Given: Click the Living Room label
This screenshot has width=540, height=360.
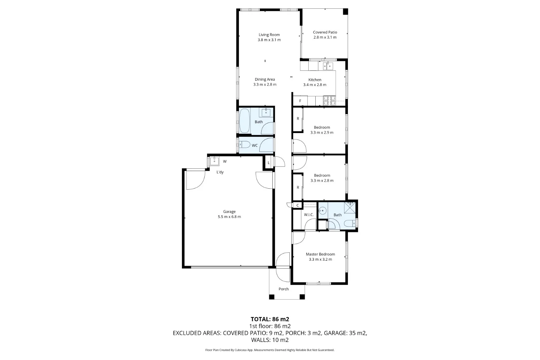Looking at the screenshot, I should coord(269,35).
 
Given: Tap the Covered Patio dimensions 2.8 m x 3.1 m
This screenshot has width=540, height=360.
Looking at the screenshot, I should coord(325,37).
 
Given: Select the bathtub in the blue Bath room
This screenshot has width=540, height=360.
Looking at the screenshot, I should coord(245,121).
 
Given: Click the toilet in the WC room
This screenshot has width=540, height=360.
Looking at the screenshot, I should coord(245,145).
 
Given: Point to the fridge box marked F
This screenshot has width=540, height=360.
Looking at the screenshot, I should coord(300,101).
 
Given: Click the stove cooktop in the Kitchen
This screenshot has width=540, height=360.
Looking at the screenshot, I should coord(329,101).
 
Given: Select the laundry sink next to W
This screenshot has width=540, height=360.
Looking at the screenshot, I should coord(214,161).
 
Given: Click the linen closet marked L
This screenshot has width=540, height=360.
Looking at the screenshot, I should coord(269,163).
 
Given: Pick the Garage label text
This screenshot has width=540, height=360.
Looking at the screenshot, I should coord(229,212).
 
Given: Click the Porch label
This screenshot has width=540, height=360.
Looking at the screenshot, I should coord(284,289).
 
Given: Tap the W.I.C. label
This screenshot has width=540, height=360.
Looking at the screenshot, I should coord(309,215).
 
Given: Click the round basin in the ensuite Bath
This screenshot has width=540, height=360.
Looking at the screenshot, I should coord(323,210).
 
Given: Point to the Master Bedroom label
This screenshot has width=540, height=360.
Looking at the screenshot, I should coord(320,254).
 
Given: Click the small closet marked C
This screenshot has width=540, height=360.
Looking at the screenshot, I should coord(297,205).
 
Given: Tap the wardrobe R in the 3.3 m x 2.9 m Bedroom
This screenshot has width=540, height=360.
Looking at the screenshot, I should coord(298,119).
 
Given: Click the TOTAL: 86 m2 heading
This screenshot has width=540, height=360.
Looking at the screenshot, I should coord(270,319).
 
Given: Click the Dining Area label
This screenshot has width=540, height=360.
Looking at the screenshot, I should coord(265,79).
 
